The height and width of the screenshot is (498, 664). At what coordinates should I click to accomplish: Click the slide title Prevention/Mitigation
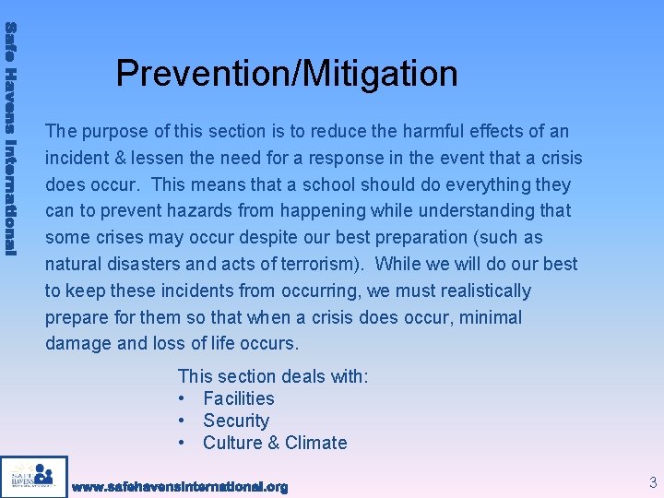(x=287, y=73)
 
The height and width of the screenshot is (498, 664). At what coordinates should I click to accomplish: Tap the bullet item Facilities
(x=239, y=398)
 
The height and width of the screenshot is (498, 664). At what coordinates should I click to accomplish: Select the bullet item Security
(x=236, y=421)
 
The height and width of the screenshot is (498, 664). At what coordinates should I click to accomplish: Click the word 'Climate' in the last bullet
(x=315, y=443)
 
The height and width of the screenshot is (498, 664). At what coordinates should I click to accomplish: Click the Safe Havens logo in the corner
(x=34, y=477)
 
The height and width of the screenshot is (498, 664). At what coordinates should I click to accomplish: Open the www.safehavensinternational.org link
(x=180, y=486)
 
